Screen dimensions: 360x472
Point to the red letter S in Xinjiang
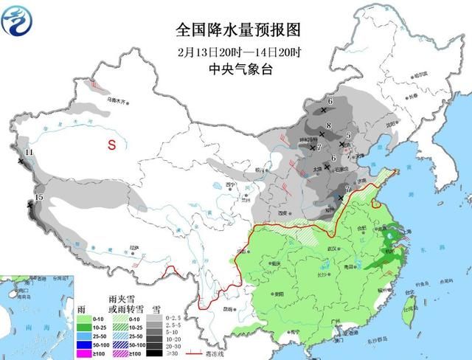tap(112, 145)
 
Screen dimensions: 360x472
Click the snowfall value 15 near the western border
tap(39, 198)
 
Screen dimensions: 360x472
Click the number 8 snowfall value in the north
tap(329, 125)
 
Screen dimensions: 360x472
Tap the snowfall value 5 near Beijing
tap(347, 135)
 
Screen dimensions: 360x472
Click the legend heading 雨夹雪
tap(118, 299)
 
